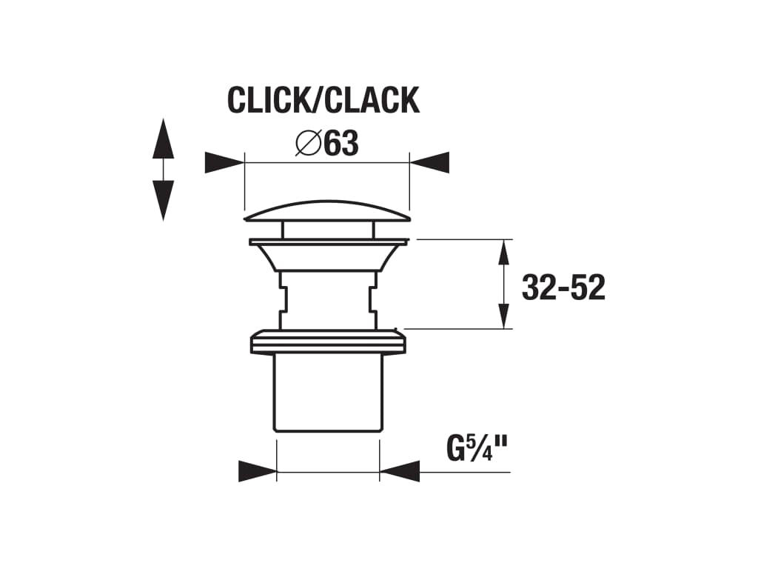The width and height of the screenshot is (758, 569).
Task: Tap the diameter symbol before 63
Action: pos(308,143)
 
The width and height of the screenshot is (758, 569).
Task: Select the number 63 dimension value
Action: pos(341,144)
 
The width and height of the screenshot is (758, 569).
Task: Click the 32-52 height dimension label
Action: pos(563,287)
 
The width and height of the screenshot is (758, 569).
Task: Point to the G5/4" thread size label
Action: pos(477,449)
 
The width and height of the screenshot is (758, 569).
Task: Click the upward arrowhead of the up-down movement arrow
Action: pos(163,139)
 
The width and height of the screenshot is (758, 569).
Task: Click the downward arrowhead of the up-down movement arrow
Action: pos(163,200)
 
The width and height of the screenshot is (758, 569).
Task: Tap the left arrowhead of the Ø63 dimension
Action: pos(224,162)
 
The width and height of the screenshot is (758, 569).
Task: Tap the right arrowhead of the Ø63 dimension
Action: pos(429,162)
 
